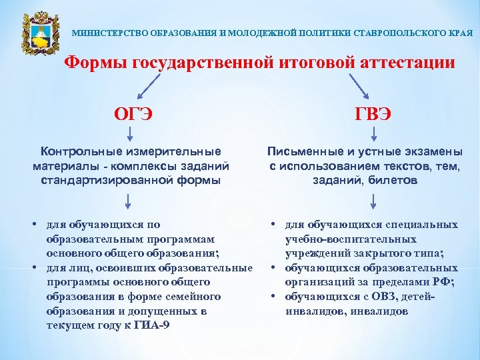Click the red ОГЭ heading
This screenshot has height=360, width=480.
tap(133, 114)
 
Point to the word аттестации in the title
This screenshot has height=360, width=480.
tap(407, 63)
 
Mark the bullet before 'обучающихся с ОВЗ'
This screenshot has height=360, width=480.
tap(275, 296)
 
